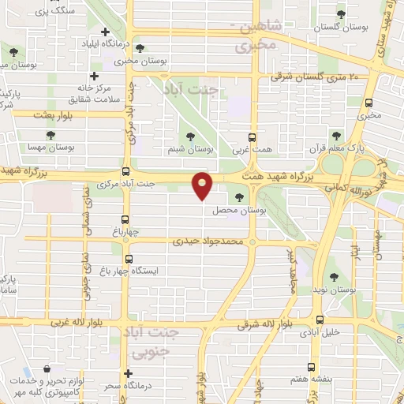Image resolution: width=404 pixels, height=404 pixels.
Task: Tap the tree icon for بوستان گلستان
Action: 341,13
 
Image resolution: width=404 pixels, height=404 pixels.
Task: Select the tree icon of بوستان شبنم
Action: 191,135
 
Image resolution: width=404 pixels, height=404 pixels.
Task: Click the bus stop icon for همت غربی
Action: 252,136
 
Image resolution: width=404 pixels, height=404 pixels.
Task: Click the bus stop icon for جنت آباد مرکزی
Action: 125,171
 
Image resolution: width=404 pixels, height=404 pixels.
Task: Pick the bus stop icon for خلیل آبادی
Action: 320,320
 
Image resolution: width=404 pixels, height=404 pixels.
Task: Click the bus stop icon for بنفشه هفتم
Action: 311,367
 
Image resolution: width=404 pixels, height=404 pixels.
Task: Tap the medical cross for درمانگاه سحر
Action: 129,373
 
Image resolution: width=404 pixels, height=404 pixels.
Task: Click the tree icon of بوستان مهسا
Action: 50,136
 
